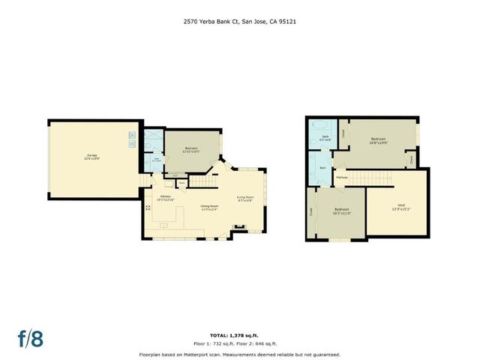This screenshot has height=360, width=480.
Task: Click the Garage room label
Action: pyautogui.click(x=92, y=157)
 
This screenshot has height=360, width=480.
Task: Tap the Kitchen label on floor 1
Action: pyautogui.click(x=164, y=198)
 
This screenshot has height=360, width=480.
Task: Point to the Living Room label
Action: pyautogui.click(x=244, y=199)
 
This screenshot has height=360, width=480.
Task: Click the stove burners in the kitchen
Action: pyautogui.click(x=148, y=208)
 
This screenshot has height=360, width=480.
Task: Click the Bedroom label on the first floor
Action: pyautogui.click(x=191, y=148)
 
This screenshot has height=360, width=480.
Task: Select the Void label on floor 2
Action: pyautogui.click(x=401, y=207)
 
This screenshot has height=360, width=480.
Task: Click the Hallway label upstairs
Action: pyautogui.click(x=342, y=178)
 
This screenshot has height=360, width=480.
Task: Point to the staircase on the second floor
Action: pyautogui.click(x=370, y=177)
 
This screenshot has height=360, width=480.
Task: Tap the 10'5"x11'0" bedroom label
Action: pyautogui.click(x=341, y=211)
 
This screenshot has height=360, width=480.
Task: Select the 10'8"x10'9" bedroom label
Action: pyautogui.click(x=379, y=141)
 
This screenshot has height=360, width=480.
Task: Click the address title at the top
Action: pyautogui.click(x=240, y=22)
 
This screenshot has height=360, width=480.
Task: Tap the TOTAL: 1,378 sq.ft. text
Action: pyautogui.click(x=240, y=335)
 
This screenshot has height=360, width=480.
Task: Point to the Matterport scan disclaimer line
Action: pyautogui.click(x=240, y=354)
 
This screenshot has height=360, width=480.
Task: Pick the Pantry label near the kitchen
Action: pyautogui.click(x=182, y=182)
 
